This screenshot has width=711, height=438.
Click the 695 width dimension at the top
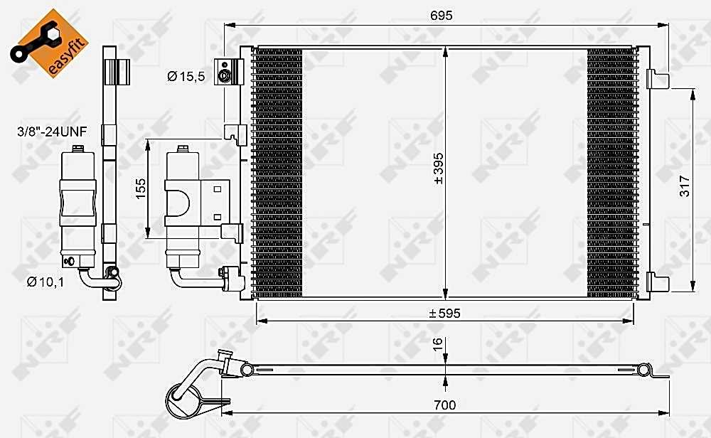(x=442, y=16)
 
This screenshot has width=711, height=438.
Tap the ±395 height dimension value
(x=439, y=169)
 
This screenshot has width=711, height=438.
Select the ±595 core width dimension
(x=445, y=314)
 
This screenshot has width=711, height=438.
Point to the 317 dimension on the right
(x=684, y=186)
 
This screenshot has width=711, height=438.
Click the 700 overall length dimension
(x=445, y=405)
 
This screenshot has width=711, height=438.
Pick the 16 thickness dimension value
(x=437, y=344)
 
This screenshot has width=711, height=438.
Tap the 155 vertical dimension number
(x=141, y=188)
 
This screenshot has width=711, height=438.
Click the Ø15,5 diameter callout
(x=186, y=76)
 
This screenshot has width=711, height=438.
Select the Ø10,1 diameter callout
(x=46, y=282)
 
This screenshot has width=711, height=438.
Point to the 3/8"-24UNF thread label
(x=52, y=132)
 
